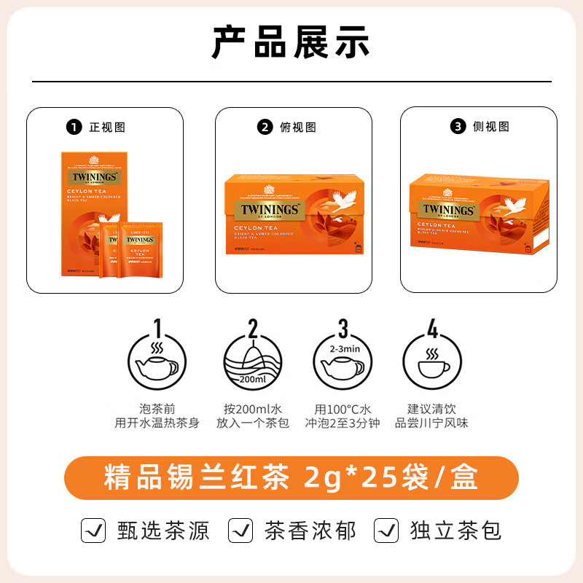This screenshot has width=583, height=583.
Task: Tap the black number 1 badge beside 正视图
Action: [73, 127]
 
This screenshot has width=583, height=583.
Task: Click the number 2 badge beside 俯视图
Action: [265, 127]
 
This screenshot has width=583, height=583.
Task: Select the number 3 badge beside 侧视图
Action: [458, 127]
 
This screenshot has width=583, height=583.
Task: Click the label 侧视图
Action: [490, 127]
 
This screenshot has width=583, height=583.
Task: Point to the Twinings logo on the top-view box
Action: [269, 209]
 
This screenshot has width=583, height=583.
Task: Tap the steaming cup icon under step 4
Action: [432, 362]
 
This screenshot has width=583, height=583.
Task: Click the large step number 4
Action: [432, 329]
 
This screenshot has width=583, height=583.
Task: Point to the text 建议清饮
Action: [432, 409]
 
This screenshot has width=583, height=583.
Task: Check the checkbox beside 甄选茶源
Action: [92, 531]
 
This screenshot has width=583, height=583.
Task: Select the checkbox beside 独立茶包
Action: [386, 531]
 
